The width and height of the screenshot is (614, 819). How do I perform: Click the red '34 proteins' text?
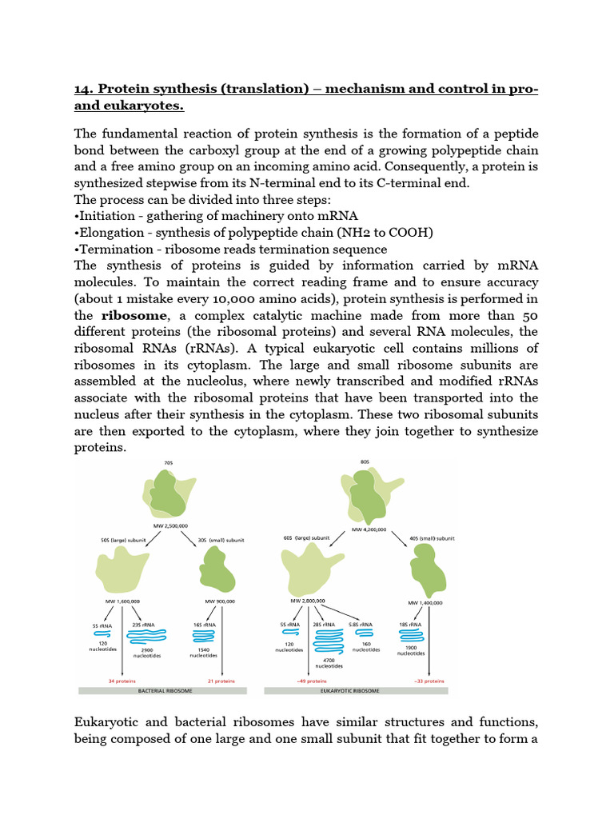[x=122, y=681]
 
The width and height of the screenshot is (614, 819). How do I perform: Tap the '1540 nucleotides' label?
[x=204, y=652]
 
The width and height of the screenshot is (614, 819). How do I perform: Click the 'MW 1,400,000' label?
[x=426, y=603]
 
